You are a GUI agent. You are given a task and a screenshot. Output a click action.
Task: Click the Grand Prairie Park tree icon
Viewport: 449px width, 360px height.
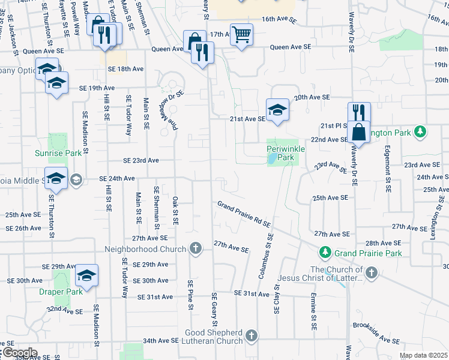[325, 253]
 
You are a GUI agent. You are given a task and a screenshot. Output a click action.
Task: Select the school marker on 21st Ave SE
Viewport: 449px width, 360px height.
[277, 109]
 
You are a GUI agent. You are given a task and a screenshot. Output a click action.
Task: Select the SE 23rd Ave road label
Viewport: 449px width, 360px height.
[141, 161]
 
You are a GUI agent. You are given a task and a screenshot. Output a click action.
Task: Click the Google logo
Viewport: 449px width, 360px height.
[19, 353]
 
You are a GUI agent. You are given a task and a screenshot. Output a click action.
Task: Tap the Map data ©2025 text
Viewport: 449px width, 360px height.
[423, 356]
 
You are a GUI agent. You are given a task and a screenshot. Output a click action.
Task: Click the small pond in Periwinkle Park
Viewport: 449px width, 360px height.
[273, 159]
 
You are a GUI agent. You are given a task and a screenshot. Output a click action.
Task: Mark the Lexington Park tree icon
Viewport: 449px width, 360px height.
[421, 131]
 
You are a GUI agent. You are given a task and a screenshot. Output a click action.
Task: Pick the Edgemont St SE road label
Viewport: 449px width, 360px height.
[388, 169]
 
